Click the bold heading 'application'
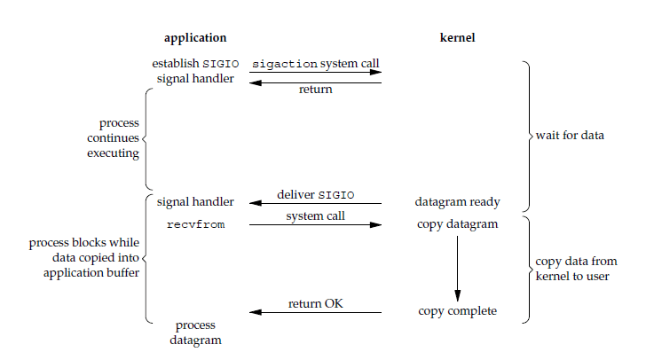[x=195, y=38]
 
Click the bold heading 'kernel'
[x=457, y=38]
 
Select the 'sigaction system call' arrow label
[x=317, y=64]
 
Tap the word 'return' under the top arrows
[x=315, y=90]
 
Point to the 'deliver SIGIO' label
[x=315, y=194]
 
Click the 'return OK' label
[x=315, y=304]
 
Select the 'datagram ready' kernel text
[x=457, y=202]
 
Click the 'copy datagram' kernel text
[x=457, y=224]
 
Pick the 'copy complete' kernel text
[x=457, y=311]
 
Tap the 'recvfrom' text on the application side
[x=195, y=225]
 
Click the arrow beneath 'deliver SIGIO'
[x=315, y=204]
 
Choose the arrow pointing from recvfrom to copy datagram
[x=315, y=225]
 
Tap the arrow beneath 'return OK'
[x=315, y=313]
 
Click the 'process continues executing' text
[x=113, y=138]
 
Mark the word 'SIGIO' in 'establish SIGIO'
[x=222, y=64]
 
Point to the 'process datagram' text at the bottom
[x=195, y=333]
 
